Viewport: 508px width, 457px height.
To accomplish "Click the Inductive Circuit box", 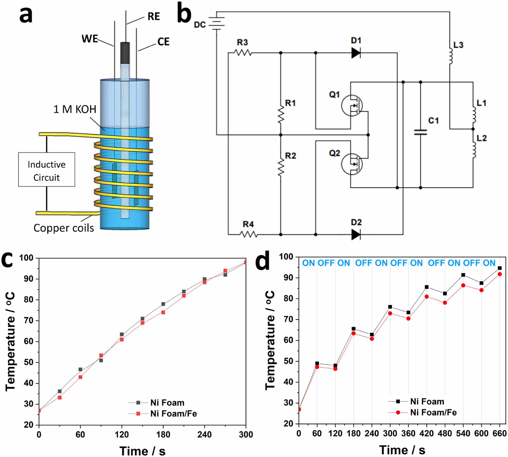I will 47,170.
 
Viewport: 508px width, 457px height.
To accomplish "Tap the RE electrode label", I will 154,17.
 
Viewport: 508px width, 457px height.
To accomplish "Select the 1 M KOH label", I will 75,109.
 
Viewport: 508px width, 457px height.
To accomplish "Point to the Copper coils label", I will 63,228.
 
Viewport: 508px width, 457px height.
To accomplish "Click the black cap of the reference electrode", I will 125,53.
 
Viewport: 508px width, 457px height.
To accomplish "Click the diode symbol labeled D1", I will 356,53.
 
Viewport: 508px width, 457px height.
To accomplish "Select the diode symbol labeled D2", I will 356,235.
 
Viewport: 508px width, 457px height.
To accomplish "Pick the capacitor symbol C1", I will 420,132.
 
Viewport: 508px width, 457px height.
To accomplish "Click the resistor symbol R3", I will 243,53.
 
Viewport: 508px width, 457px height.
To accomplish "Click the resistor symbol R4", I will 248,235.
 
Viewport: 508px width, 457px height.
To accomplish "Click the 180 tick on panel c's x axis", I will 163,434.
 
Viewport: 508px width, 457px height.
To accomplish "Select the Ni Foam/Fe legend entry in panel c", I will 173,413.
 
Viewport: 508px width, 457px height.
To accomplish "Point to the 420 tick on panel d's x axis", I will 426,433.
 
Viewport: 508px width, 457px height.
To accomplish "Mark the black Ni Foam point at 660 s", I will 500,268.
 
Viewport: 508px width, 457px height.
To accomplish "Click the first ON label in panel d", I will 308,263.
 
